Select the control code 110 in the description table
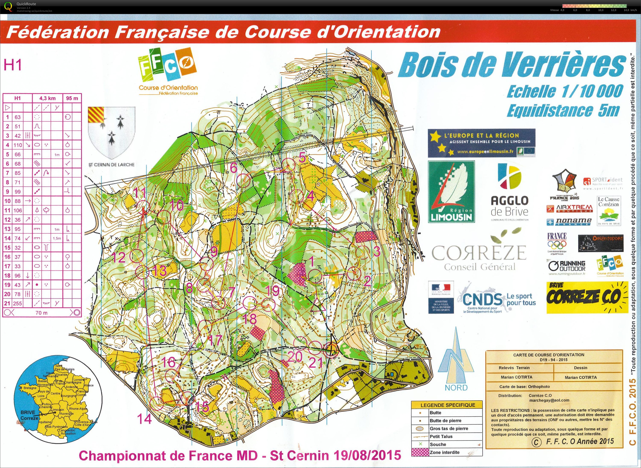point(18,145)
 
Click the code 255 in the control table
point(18,303)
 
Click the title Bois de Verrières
point(512,66)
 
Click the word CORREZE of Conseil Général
point(479,253)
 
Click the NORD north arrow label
point(456,387)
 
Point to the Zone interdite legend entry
point(444,452)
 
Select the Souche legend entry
point(438,445)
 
